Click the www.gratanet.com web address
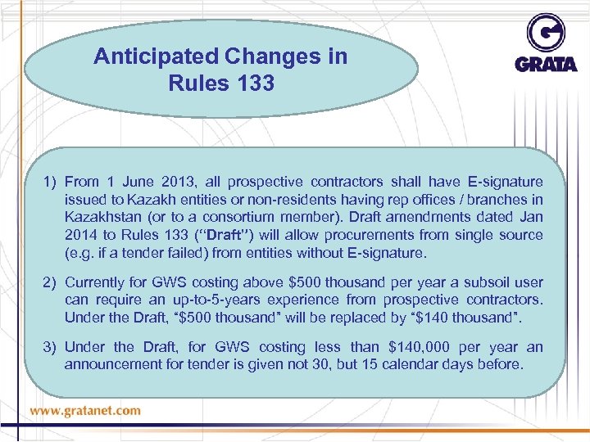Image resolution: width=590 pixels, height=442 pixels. click(87, 410)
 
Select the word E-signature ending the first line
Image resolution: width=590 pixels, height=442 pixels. click(503, 181)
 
